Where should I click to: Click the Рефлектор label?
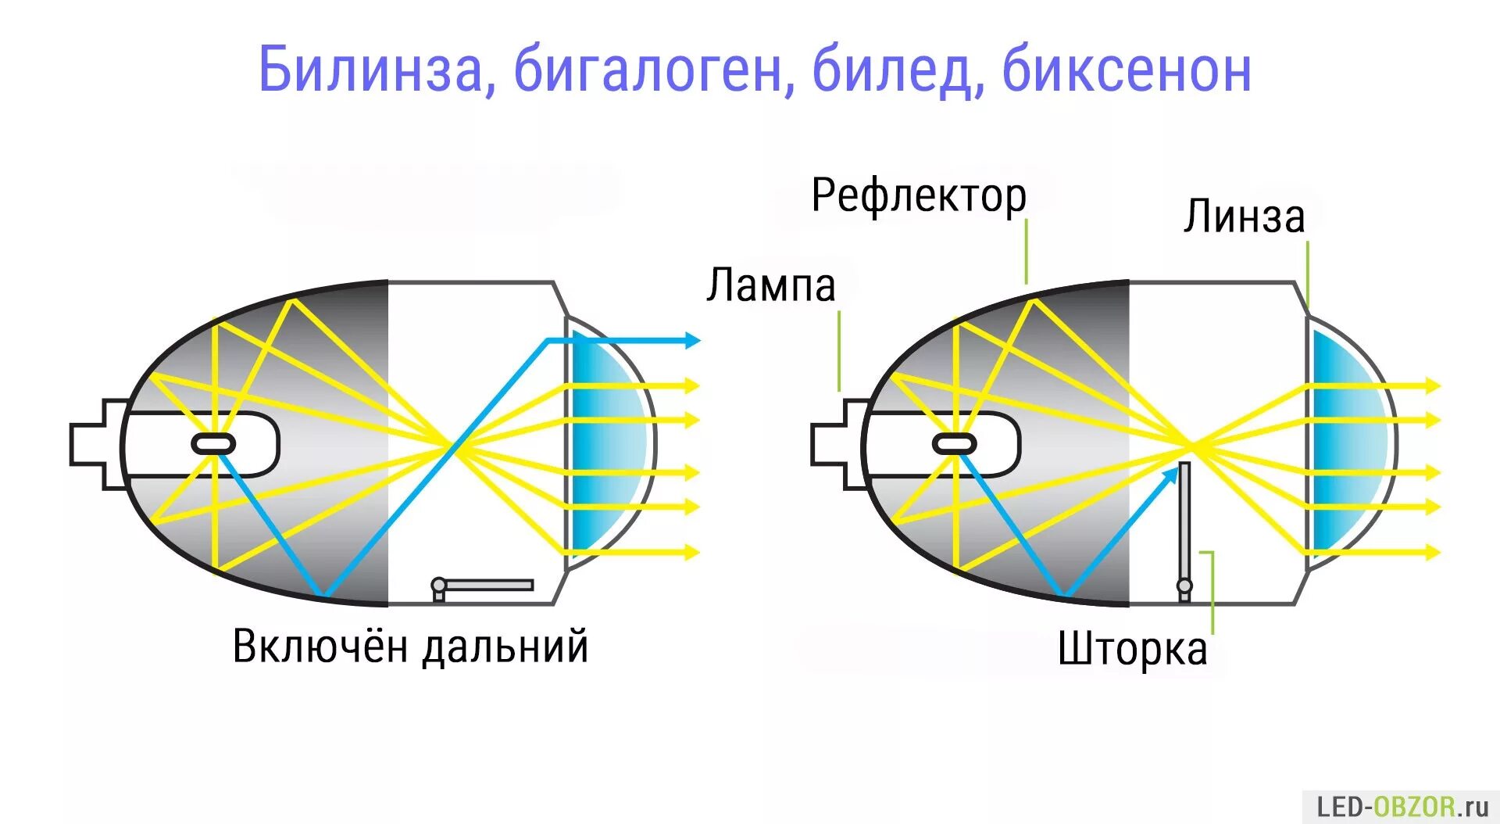click(x=918, y=195)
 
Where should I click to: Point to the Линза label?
click(x=1243, y=217)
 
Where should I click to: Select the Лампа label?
click(x=770, y=285)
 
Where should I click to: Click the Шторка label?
click(x=1132, y=649)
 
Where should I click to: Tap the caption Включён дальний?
click(x=410, y=647)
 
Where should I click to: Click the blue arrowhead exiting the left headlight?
click(x=691, y=340)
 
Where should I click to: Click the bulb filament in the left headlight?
click(x=213, y=444)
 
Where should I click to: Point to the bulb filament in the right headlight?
click(x=954, y=444)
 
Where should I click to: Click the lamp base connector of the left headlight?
click(x=98, y=444)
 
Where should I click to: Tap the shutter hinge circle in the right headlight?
click(x=1184, y=586)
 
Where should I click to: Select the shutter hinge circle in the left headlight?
click(x=439, y=585)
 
